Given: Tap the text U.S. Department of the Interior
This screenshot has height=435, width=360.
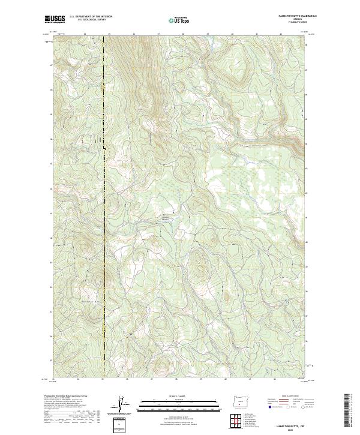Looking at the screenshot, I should pos(91,17).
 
